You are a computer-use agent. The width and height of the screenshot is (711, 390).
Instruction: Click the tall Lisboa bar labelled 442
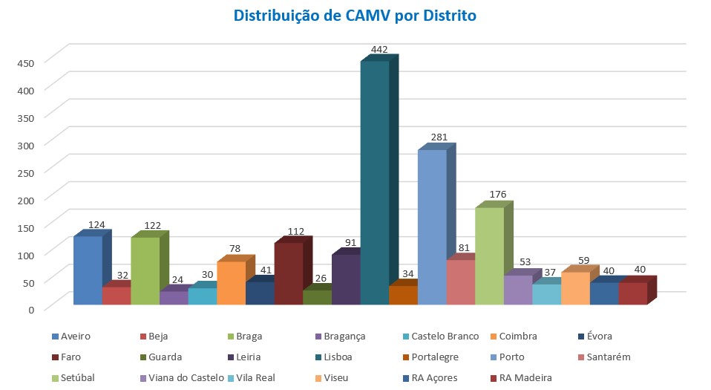pos(375,182)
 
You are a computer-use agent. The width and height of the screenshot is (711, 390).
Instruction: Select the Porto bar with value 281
pos(432,227)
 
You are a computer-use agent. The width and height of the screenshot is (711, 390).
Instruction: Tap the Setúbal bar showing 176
pos(490,256)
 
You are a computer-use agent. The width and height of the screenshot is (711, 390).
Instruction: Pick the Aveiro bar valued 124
pos(88,270)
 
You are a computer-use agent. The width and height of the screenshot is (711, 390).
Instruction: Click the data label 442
pos(379,49)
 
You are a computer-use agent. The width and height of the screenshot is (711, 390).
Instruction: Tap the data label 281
pos(436,137)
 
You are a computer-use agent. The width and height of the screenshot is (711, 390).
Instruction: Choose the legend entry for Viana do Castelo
pos(186,377)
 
